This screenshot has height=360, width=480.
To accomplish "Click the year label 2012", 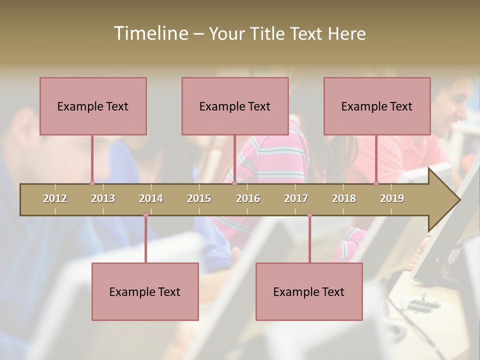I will tap(55, 198).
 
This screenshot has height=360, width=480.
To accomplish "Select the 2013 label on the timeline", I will tap(103, 198).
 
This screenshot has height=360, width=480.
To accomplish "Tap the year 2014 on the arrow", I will tap(151, 198).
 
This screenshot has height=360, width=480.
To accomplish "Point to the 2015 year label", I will tap(199, 198).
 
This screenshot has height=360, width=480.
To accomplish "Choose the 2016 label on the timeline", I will tap(248, 198).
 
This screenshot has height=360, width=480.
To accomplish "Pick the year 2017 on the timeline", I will tap(296, 198).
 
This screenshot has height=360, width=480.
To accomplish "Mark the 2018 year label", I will tap(344, 198).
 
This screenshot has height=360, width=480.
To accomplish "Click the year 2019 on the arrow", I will tap(392, 198).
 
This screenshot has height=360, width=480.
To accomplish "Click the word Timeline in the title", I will tap(150, 33).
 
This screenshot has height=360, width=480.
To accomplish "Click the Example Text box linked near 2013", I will tap(93, 106).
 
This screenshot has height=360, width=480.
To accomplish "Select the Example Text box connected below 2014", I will tap(145, 291).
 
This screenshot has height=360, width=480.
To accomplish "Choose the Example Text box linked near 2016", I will tap(235, 106).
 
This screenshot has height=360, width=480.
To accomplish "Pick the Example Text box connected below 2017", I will tap(309, 291).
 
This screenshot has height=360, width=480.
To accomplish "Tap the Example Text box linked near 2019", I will tap(377, 106).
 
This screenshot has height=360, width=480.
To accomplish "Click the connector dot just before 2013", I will tap(92, 183).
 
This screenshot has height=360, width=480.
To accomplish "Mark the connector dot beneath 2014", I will tap(145, 215).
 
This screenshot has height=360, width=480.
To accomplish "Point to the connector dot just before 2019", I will tap(376, 183).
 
